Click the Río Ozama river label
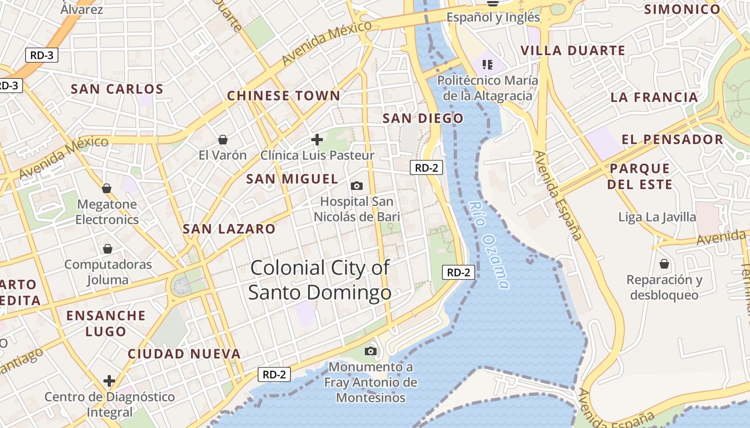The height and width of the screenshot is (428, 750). coord(488,244)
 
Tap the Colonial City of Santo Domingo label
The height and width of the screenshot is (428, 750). coord(320,280)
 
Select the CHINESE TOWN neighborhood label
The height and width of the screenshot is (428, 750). coord(283,96)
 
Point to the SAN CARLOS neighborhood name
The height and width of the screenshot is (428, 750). coord(117,89)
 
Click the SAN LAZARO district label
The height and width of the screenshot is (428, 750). coord(229,229)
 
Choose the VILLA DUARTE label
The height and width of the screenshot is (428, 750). coord(573,51)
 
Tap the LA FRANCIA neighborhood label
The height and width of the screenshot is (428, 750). coord(654,97)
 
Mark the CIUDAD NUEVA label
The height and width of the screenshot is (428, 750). coord(184,354)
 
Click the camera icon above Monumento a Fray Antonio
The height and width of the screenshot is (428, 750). coord(370,351)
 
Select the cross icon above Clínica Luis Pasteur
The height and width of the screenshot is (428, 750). coord(317,140)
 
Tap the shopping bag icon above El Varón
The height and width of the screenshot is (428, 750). coord(223,140)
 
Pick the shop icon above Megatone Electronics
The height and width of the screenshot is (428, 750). coord(107,188)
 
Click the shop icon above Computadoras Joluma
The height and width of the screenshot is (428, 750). coord(108,249)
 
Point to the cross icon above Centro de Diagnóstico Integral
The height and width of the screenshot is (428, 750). coord(109,381)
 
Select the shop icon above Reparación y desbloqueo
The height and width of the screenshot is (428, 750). coord(664,264)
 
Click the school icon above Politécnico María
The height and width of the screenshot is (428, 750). coord(487,65)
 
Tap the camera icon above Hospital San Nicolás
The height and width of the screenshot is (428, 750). coord(357,186)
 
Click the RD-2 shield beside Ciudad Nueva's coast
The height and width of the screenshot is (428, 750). coord(274,374)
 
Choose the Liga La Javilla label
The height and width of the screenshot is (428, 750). coord(657,217)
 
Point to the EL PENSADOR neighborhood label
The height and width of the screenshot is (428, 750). coord(672,140)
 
